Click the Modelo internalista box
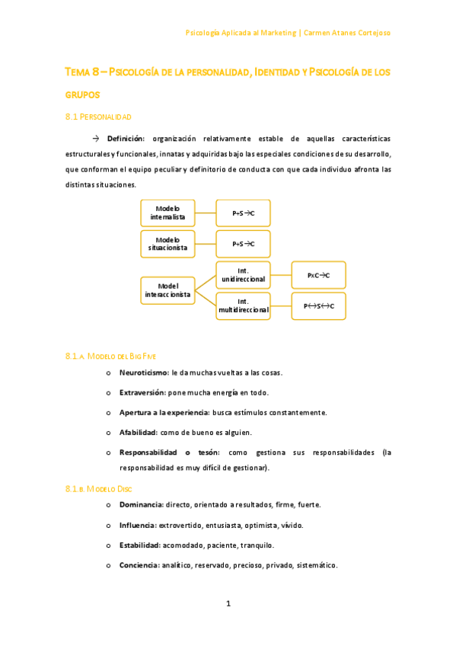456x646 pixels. click(x=167, y=213)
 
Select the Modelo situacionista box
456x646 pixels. click(x=167, y=244)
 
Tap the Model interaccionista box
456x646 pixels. click(x=167, y=289)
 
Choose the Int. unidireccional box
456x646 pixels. click(x=243, y=274)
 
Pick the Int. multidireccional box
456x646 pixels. click(x=243, y=306)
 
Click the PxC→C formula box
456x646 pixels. click(x=318, y=274)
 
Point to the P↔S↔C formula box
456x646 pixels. click(x=318, y=306)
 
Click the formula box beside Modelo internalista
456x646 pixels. click(x=243, y=213)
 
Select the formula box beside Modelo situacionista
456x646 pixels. click(x=243, y=244)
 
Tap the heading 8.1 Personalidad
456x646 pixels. click(x=98, y=117)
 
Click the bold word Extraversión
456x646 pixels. click(x=142, y=393)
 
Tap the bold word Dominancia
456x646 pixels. click(x=141, y=504)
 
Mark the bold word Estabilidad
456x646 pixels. click(x=139, y=545)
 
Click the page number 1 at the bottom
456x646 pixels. click(x=228, y=604)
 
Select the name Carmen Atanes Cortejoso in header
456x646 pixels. click(x=348, y=33)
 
